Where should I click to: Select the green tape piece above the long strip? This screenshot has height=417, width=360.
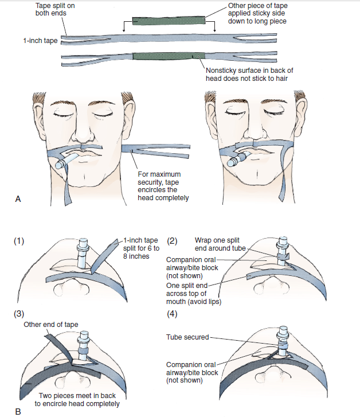tap(168, 22)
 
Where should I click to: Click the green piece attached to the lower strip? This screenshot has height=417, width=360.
tap(169, 56)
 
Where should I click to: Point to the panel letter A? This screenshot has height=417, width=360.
tap(18, 198)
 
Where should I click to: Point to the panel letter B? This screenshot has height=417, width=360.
tap(18, 410)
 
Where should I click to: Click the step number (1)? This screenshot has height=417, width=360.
tap(19, 241)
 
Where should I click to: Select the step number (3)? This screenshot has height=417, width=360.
tap(19, 314)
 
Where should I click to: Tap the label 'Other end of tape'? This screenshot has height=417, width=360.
tap(50, 325)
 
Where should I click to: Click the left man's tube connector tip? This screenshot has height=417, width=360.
tap(59, 165)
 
